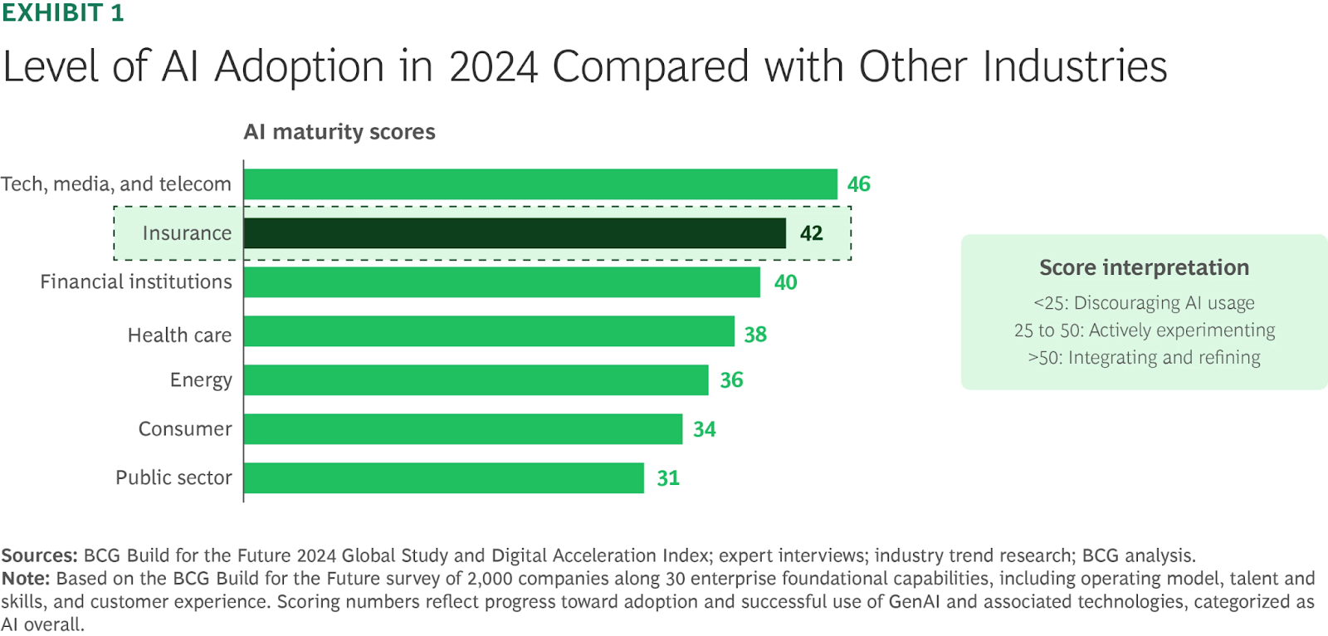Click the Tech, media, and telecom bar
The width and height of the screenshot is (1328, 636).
[x=540, y=184]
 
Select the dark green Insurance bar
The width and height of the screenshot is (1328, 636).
[x=515, y=233]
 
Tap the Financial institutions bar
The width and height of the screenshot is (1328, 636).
[x=502, y=282]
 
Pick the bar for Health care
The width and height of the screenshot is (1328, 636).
[x=489, y=331]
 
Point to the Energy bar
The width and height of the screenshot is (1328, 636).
[x=476, y=380]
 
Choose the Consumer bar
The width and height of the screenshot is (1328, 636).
[x=463, y=429]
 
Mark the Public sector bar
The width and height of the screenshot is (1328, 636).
[x=444, y=478]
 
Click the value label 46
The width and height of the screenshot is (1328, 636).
[x=858, y=184]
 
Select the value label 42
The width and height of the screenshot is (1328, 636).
[x=811, y=233]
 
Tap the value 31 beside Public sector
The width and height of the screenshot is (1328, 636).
[x=668, y=478]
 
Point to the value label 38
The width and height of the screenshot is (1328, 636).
[x=755, y=335]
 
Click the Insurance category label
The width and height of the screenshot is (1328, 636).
[x=187, y=233]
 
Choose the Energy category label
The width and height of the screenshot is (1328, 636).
[x=201, y=380]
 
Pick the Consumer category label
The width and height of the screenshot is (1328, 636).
[x=185, y=429]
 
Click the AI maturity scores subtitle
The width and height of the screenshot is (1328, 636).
[x=339, y=132]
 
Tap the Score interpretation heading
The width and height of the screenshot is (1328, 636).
[x=1144, y=267]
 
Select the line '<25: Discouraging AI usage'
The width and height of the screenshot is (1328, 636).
[x=1144, y=303]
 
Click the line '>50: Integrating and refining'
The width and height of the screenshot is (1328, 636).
[x=1144, y=358]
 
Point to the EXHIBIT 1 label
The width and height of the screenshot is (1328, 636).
[x=63, y=13]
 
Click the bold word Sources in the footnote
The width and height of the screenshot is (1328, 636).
[x=39, y=555]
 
